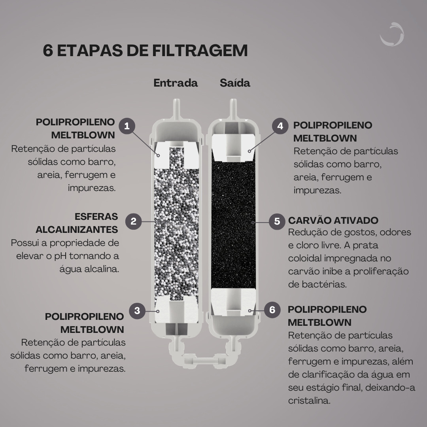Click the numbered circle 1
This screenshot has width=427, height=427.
pos(127,126)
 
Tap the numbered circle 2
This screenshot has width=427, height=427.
pos(134,221)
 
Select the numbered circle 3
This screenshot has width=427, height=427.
pos(137,310)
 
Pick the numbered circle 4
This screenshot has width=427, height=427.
pos(280,126)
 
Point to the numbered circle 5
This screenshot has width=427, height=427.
pos(277,221)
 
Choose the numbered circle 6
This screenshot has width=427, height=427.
pos(272,310)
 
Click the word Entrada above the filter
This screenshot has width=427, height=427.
pos(176,83)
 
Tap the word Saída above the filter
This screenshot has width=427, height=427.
pos(235,83)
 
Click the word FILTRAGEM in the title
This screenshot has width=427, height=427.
pos(200,50)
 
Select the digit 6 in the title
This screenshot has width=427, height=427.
pos(48,50)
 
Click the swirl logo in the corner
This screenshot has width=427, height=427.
pos(393,34)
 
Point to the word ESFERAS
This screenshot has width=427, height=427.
pos(96,217)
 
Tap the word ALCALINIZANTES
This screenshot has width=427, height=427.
pos(77,230)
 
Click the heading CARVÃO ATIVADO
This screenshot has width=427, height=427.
pos(333,220)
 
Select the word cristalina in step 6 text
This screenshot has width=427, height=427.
pos(309,401)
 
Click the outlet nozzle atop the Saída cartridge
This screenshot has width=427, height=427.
pos(233,109)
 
